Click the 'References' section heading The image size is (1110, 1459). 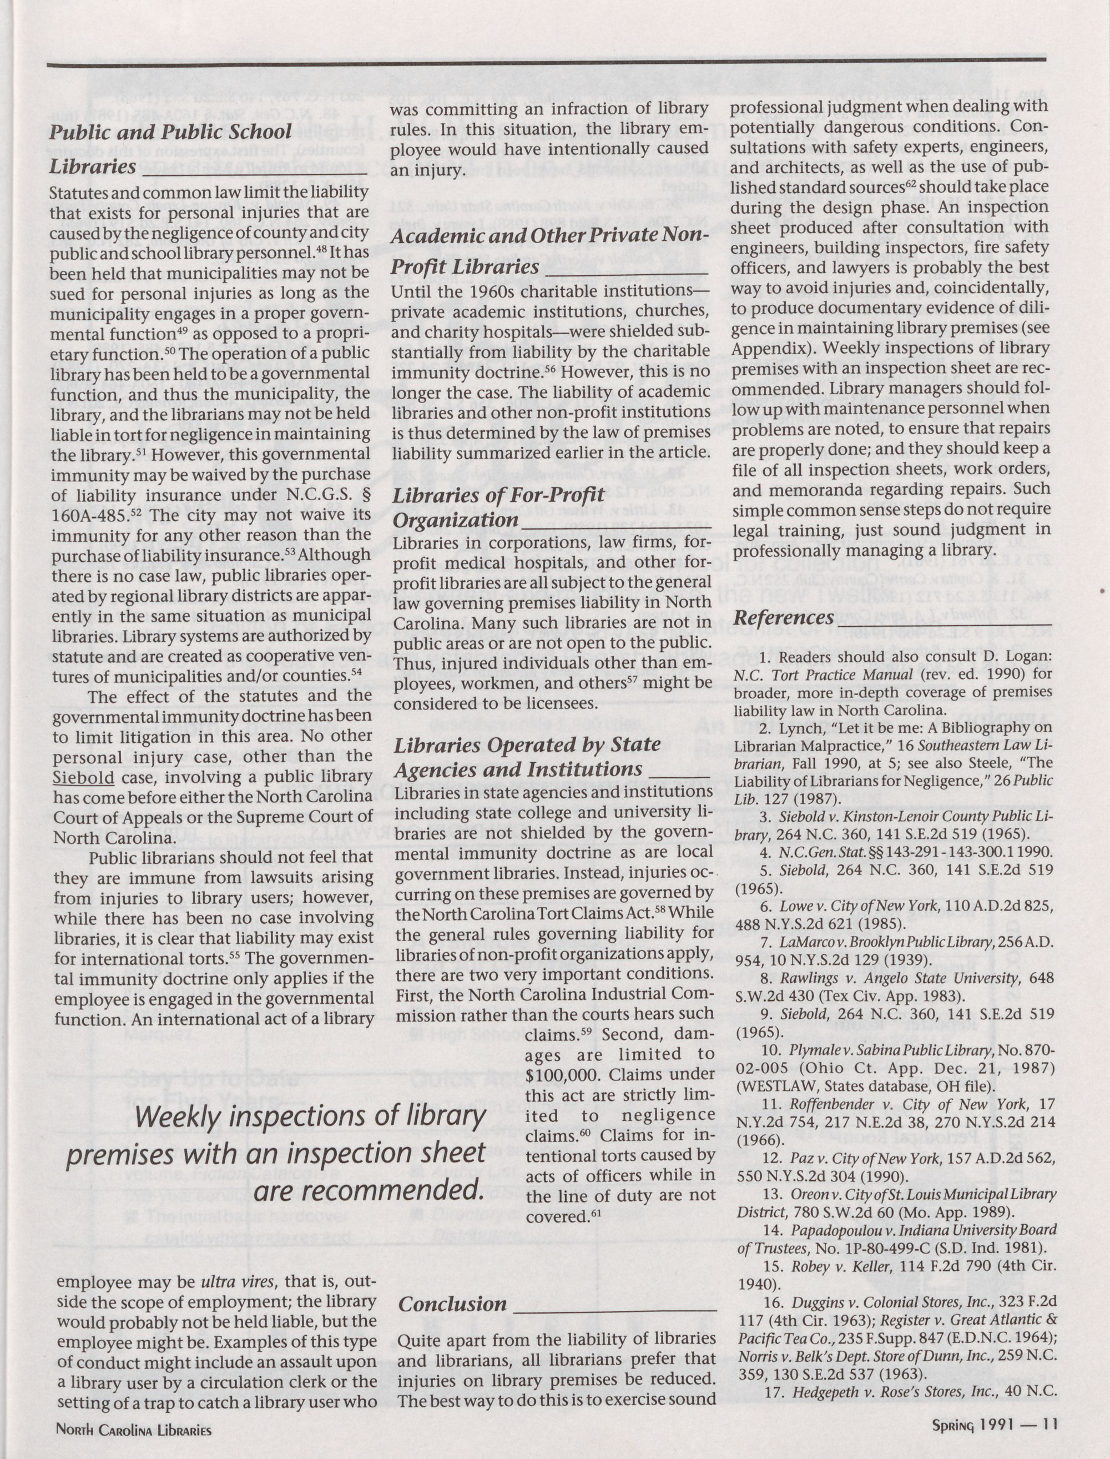click(x=783, y=618)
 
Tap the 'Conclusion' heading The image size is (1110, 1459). click(x=452, y=1304)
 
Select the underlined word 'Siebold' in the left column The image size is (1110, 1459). click(x=83, y=778)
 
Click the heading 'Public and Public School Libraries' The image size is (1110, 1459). click(x=170, y=148)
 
